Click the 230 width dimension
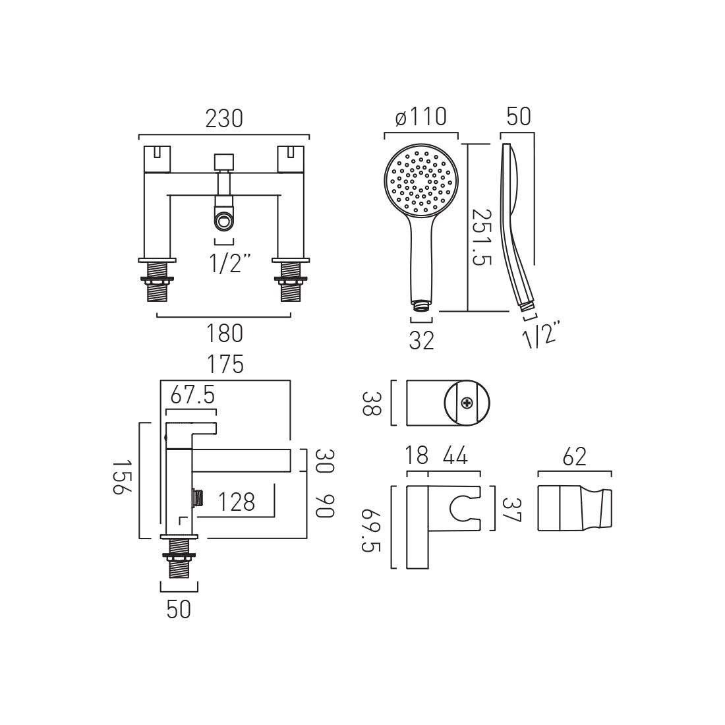pyautogui.click(x=224, y=119)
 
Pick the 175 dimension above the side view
pyautogui.click(x=225, y=364)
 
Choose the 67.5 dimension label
pyautogui.click(x=192, y=395)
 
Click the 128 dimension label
pyautogui.click(x=236, y=502)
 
